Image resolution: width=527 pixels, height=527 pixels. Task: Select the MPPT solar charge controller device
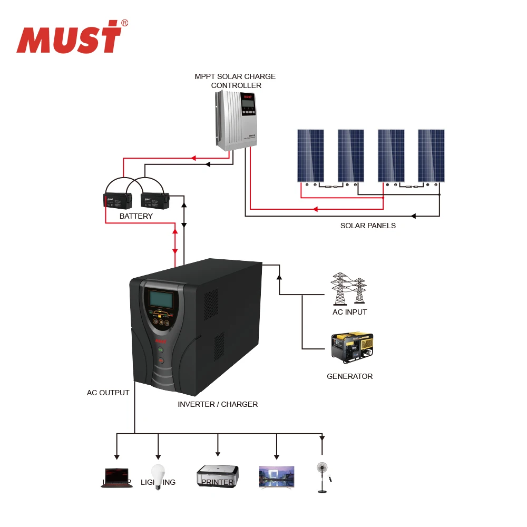coord(236,120)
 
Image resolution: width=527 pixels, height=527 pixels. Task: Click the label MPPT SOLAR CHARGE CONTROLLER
coord(235,81)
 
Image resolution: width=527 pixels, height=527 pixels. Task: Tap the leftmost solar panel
coord(310,155)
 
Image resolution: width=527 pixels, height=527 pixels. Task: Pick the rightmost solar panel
coord(431,155)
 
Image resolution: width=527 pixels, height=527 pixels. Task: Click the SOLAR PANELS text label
coord(368,226)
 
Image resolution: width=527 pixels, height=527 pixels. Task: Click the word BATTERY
coord(136,216)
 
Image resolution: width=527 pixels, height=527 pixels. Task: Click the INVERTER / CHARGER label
coord(218,404)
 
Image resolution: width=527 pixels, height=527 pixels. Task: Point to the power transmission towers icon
coord(348,288)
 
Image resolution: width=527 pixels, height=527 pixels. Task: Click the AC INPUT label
coord(349,312)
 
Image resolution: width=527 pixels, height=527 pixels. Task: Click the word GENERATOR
coord(349,376)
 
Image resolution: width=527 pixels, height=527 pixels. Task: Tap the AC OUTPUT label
coord(108,393)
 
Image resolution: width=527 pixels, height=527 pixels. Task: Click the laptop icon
coord(116,477)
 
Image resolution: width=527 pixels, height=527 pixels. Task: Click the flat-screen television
coord(277,477)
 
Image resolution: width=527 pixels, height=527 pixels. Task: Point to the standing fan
coord(321,476)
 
